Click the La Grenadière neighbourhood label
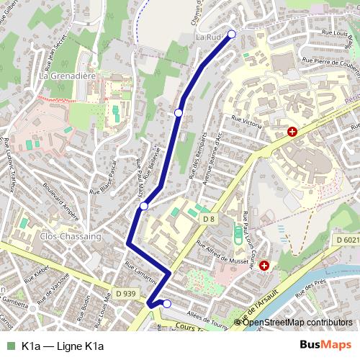pos(68,74)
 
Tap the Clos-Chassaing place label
pos(70,235)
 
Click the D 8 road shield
pos(209,218)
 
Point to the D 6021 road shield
pos(347,240)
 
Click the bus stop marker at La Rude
pos(232,34)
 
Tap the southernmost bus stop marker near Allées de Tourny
pos(167,304)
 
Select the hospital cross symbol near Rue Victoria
pos(292,132)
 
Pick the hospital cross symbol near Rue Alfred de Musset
pos(264,266)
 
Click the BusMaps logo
pos(325,346)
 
